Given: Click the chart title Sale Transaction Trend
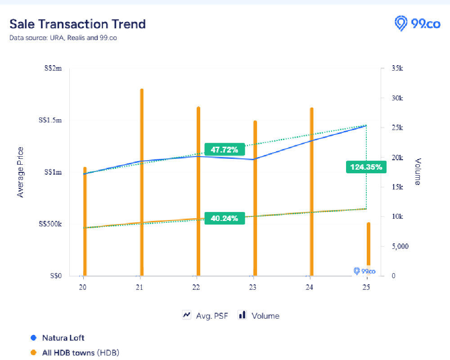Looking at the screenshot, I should click(77, 24).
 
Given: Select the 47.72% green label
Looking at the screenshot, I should click(225, 149).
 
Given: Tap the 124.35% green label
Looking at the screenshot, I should click(366, 167).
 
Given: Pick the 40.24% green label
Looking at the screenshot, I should click(225, 218).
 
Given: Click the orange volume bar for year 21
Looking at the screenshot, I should click(142, 180).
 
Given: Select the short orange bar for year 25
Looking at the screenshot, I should click(368, 247).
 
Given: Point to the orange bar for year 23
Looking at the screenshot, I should click(255, 198).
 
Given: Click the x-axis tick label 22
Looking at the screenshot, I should click(196, 288).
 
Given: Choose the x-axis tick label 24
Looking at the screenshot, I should click(310, 288).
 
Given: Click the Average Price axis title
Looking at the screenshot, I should click(20, 172).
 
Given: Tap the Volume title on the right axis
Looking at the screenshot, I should click(417, 171).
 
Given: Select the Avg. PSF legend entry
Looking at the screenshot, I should click(205, 315).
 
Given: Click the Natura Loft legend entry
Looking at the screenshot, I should click(63, 337).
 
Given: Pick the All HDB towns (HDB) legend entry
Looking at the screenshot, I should click(80, 352).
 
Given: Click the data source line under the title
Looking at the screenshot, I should click(63, 38).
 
